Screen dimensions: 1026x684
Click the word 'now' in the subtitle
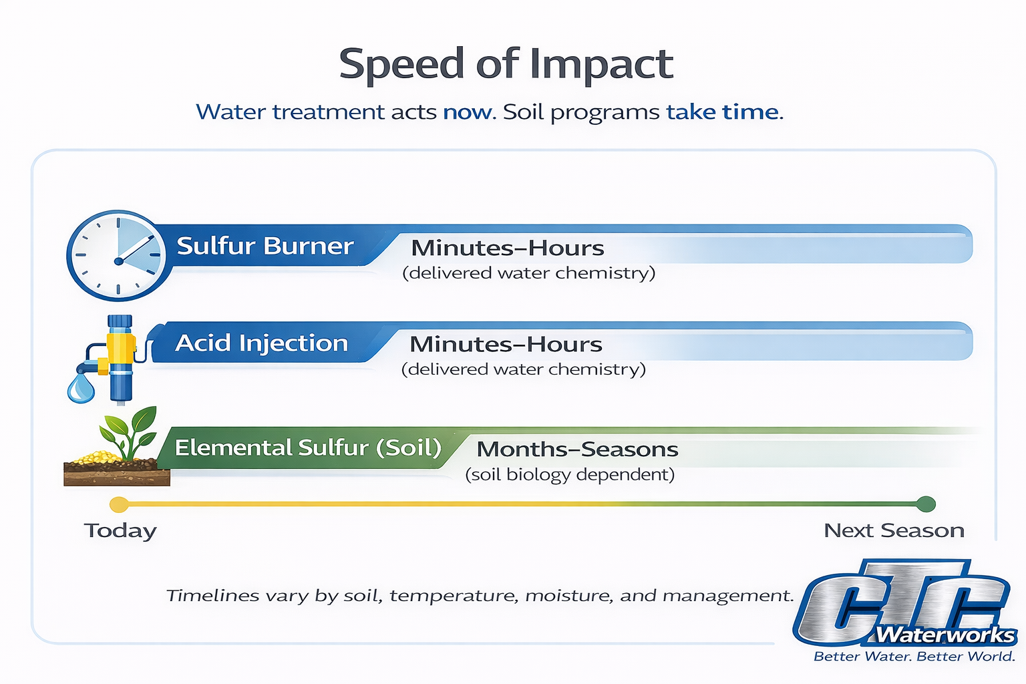467,112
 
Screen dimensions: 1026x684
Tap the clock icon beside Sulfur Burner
118,255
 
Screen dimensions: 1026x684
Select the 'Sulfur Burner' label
265,246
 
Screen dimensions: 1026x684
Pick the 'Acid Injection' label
262,343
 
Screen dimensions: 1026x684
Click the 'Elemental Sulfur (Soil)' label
308,448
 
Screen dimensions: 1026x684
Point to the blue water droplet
81,389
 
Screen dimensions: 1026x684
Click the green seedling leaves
130,431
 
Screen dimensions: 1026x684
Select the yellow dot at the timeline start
119,504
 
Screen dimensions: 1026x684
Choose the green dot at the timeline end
926,504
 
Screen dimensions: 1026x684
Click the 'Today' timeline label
120,531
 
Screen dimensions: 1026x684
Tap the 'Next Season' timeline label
894,530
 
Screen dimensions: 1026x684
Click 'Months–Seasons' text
577,450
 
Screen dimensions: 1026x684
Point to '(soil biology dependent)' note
570,475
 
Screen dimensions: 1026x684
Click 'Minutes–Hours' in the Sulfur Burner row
508,248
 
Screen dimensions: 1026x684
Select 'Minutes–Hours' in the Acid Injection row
506,345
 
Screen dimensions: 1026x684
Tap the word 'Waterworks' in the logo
945,635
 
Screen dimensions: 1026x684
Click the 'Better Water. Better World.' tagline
914,657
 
